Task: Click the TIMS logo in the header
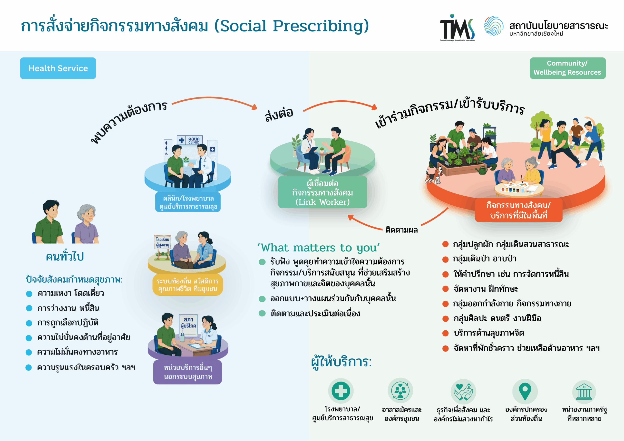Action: coord(458,27)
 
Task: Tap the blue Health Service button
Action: coord(58,68)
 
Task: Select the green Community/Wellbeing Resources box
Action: coord(567,68)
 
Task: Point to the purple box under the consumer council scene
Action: coord(187,372)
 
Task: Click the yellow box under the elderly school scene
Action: coord(188,285)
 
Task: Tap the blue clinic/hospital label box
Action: coord(188,202)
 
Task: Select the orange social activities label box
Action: coord(518,210)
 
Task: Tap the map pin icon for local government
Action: coord(525,391)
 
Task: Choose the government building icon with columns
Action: coord(584,392)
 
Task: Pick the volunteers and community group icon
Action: coord(400,391)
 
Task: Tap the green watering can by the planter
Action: coord(482,170)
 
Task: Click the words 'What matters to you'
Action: coord(319,248)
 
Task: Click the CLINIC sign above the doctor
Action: coord(194,140)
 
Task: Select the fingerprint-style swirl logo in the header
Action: coord(494,26)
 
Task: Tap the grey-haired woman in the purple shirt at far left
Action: coord(86,224)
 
